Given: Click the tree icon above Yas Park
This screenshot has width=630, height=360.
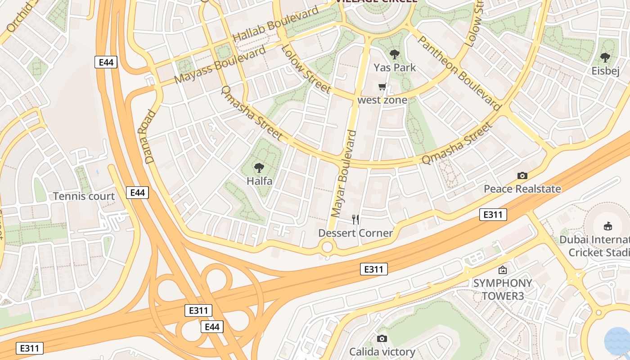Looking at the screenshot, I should click(x=395, y=55).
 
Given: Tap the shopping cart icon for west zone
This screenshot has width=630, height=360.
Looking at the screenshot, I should click(x=382, y=87).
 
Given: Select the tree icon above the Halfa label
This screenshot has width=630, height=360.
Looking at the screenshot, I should click(x=259, y=168).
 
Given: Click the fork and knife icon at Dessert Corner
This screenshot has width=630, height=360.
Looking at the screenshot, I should click(x=355, y=220).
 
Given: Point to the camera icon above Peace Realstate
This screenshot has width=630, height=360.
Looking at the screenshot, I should click(x=522, y=175).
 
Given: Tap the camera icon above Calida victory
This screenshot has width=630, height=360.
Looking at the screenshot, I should click(x=382, y=338).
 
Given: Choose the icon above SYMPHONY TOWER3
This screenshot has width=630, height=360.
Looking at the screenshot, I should click(x=502, y=270).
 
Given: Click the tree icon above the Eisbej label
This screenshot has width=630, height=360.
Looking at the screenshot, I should click(x=605, y=58).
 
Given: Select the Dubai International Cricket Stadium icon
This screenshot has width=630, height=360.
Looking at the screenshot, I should click(x=607, y=226).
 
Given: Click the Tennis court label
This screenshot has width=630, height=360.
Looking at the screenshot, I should click(x=84, y=196).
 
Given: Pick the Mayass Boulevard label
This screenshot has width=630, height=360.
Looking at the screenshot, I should click(x=220, y=64).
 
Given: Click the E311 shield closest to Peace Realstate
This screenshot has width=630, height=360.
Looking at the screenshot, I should click(x=493, y=215).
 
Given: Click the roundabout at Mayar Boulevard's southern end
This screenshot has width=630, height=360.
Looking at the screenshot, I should click(x=327, y=247).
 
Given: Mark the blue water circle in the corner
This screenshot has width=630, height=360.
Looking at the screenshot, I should click(x=617, y=341).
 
